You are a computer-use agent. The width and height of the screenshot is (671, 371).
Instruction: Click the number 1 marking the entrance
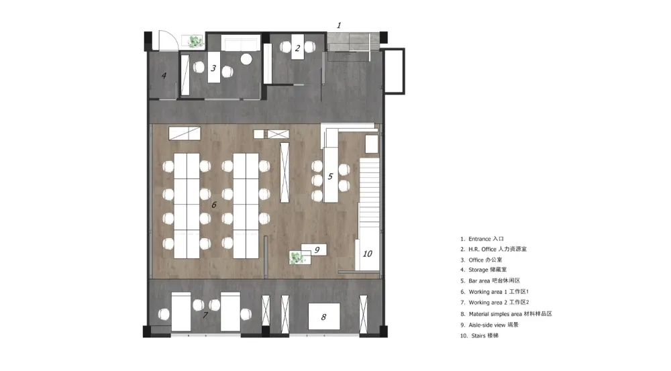click(339, 25)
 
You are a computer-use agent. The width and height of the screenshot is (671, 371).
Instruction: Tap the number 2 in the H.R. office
click(297, 48)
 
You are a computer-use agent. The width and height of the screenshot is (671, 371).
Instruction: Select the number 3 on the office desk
click(213, 68)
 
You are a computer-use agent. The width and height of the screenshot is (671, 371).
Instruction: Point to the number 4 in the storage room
click(164, 76)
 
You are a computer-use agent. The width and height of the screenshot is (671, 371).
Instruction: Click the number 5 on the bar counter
click(330, 176)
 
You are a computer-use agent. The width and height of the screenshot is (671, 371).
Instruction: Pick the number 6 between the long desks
click(214, 205)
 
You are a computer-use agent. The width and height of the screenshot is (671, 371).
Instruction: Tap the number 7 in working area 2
click(205, 315)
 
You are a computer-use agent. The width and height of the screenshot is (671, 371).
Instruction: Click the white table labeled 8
click(324, 317)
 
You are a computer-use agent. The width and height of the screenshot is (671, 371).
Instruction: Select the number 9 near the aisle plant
click(317, 250)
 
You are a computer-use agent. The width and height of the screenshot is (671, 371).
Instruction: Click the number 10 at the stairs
click(368, 254)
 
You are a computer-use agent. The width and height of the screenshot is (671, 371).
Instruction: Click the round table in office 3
click(246, 59)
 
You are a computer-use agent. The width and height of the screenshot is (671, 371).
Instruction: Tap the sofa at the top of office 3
click(240, 44)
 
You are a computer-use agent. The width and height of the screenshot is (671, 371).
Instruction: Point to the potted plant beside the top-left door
click(195, 42)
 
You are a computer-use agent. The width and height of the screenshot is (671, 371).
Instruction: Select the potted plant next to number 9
click(296, 258)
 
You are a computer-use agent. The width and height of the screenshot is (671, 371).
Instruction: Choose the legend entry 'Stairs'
click(479, 336)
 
